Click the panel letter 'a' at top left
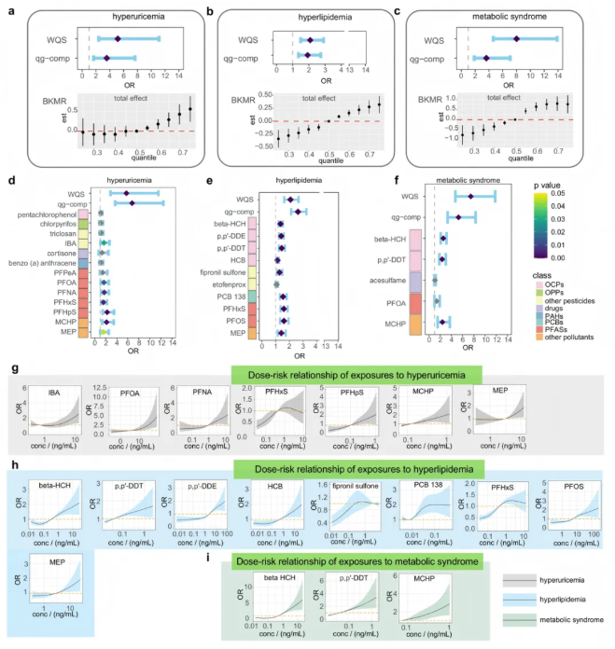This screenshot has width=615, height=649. click(x=9, y=9)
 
